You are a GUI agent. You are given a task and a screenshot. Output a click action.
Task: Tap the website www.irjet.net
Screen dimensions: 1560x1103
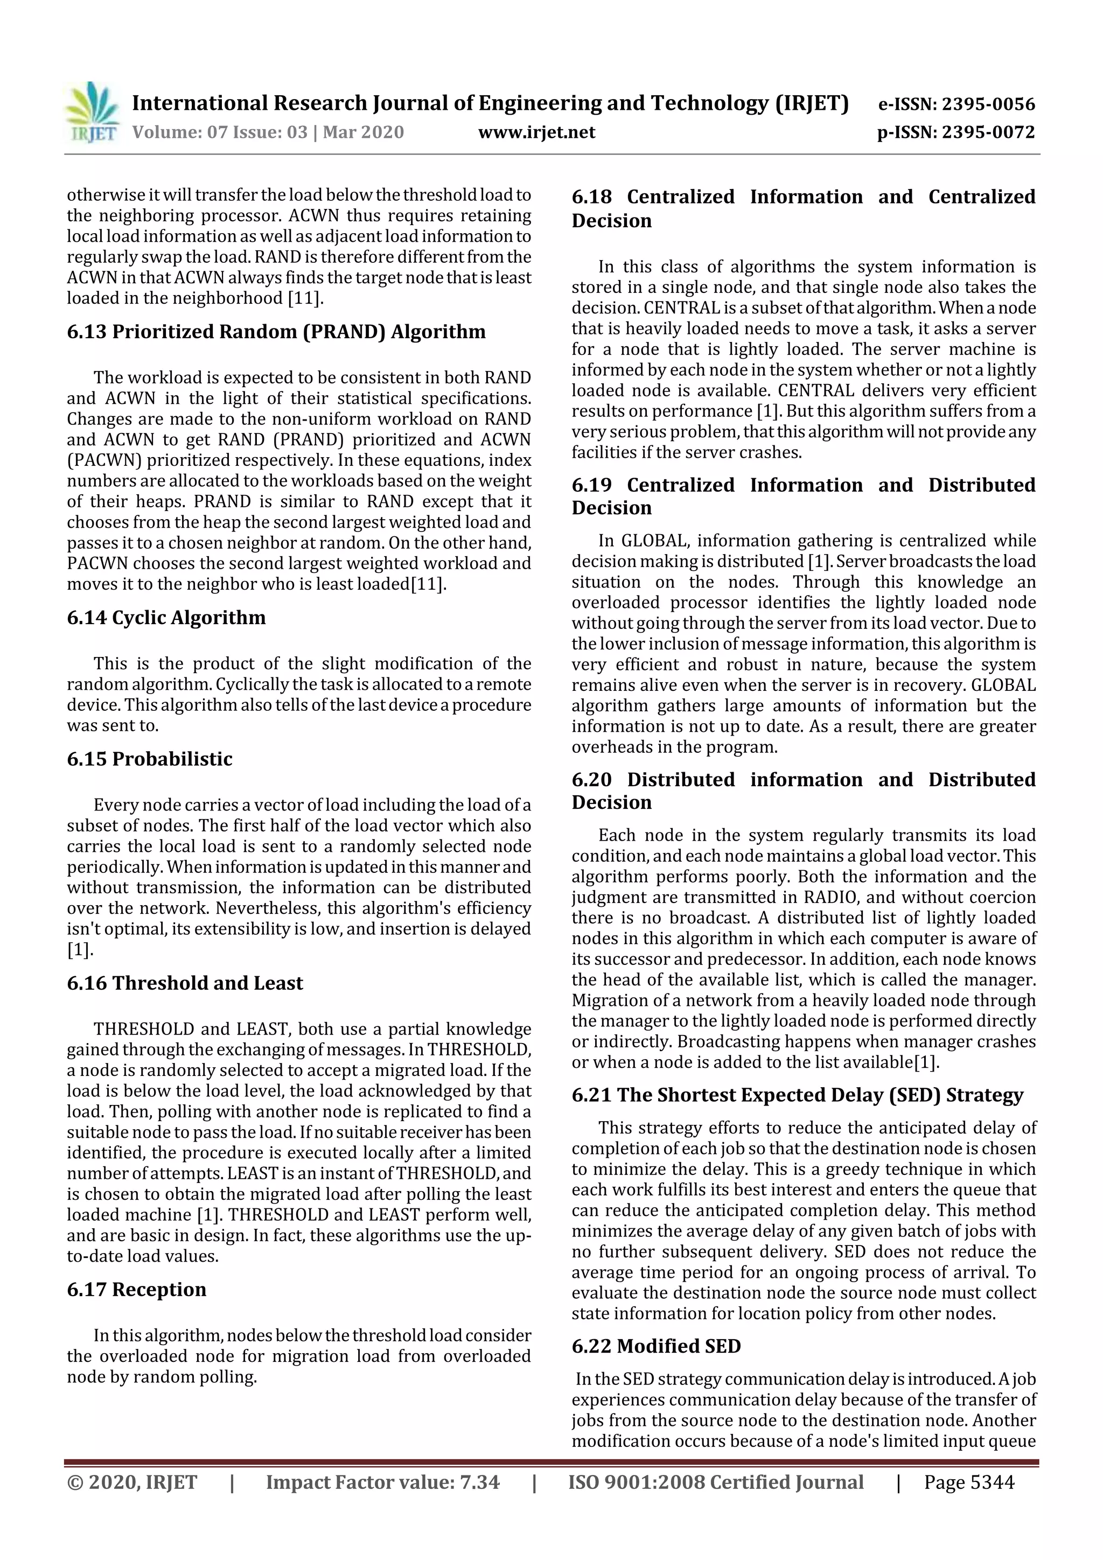coord(536,132)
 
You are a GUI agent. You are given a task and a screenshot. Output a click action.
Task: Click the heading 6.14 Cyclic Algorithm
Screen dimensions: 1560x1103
coord(166,618)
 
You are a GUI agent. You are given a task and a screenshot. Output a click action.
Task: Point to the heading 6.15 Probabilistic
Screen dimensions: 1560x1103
coord(150,759)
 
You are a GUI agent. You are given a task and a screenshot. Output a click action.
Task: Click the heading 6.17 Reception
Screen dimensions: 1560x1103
coord(136,1290)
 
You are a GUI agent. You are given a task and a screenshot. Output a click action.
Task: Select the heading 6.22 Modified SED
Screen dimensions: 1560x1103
coord(656,1346)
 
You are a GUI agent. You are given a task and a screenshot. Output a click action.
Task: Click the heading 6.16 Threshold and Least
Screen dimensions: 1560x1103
coord(185,983)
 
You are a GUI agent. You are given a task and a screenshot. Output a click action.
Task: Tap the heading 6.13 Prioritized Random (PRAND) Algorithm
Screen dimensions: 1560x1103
coord(276,332)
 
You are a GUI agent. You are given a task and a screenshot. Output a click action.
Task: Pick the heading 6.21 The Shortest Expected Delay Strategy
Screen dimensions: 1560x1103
coord(797,1095)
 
